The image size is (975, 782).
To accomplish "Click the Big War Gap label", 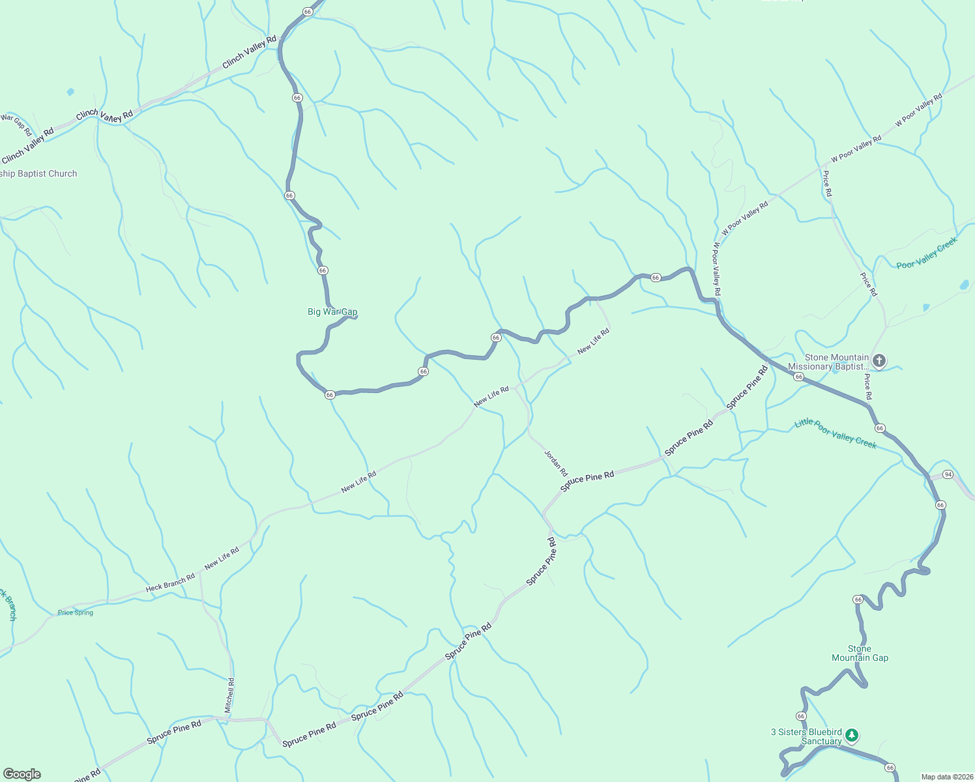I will [332, 312].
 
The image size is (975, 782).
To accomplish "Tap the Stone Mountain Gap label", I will [860, 653].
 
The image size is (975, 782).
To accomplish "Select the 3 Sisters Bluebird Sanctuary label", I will [806, 736].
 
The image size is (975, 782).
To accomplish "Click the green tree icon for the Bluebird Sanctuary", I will [851, 736].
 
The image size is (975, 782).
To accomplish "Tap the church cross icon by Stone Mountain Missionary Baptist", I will [879, 361].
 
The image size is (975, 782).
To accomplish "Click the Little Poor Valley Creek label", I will [835, 433].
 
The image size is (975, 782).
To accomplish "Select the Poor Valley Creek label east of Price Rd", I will [926, 253].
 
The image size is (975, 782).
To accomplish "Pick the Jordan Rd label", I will [556, 462].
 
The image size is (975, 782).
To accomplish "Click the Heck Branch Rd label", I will [170, 582].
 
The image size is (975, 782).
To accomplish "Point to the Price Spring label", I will [76, 613].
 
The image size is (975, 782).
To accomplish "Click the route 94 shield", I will [948, 474].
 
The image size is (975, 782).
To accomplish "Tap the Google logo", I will [22, 774].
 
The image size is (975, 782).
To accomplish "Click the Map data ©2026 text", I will [945, 777].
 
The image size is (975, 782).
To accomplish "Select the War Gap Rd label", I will [16, 124].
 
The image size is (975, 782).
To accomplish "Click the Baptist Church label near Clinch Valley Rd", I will [39, 174].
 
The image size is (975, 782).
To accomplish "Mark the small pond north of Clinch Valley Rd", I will [70, 92].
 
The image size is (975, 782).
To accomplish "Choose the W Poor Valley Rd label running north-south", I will [716, 269].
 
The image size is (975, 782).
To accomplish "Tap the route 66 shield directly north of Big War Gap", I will [322, 270].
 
